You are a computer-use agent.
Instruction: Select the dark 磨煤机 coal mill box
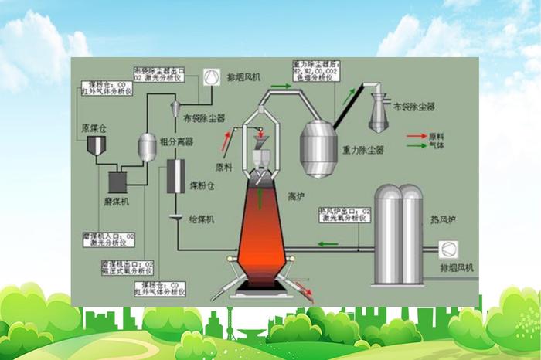pyautogui.click(x=118, y=180)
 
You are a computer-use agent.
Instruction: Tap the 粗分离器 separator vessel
pyautogui.click(x=146, y=144)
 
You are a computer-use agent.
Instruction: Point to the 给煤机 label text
pyautogui.click(x=202, y=219)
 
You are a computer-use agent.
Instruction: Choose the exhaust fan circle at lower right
pyautogui.click(x=447, y=250)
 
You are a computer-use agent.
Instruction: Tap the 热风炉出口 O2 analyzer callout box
pyautogui.click(x=345, y=214)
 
